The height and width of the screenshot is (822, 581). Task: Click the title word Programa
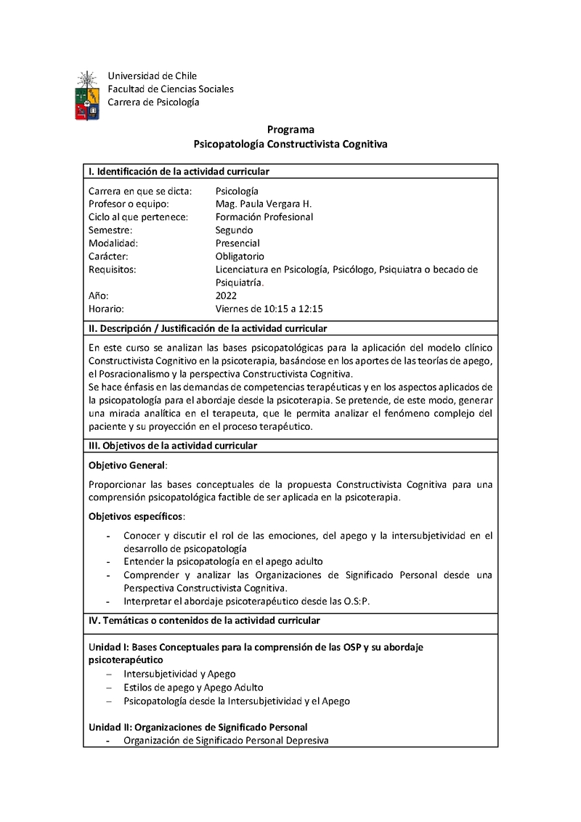[290, 130]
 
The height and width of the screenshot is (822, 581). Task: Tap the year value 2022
[226, 296]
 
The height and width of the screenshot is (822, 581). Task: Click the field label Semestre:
[110, 230]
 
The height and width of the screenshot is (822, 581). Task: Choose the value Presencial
[237, 243]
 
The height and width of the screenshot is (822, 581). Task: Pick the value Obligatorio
[240, 256]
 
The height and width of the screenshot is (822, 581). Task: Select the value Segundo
[234, 230]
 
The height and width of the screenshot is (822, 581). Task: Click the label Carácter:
[108, 256]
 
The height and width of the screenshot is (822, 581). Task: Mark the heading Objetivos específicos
[136, 516]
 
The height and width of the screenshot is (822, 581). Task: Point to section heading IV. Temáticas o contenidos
[204, 621]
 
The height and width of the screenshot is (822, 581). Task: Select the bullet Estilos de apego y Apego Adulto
[193, 687]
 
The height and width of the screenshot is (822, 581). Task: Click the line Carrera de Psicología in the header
[153, 102]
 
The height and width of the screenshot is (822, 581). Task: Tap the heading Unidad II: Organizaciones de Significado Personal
[198, 727]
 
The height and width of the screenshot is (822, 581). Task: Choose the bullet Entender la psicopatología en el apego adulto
[223, 561]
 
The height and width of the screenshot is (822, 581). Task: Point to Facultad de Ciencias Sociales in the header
[171, 89]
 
